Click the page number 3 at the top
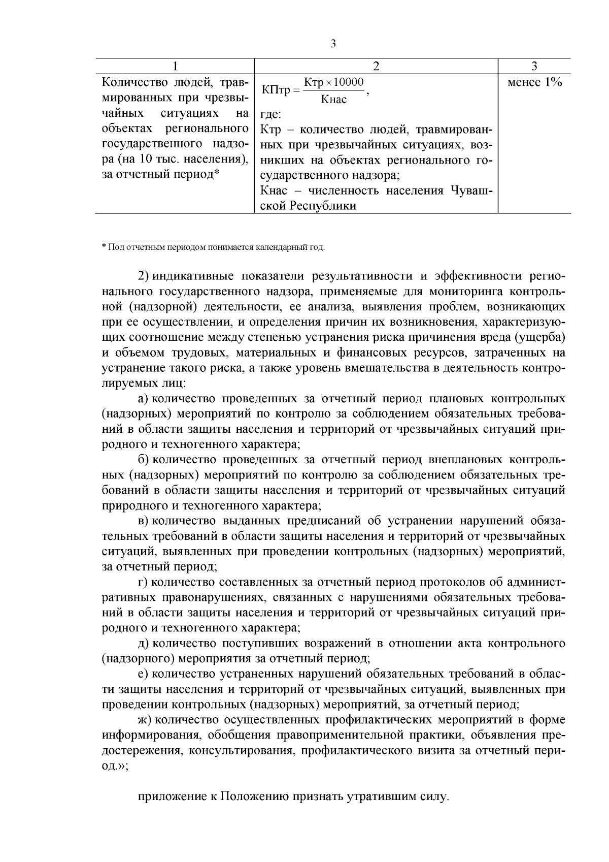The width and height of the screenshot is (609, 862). [x=333, y=44]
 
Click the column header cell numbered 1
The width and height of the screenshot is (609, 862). [x=175, y=66]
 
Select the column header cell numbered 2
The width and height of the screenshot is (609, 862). [x=376, y=66]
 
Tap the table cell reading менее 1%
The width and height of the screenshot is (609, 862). [x=534, y=82]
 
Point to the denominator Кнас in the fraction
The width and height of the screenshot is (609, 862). [x=333, y=100]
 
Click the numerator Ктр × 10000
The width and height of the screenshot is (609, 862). [x=333, y=82]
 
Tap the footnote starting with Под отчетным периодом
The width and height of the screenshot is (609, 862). [x=213, y=247]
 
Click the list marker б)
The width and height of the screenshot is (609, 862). [x=143, y=460]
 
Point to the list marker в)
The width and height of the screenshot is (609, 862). [x=143, y=521]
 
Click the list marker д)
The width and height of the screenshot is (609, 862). [x=143, y=643]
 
